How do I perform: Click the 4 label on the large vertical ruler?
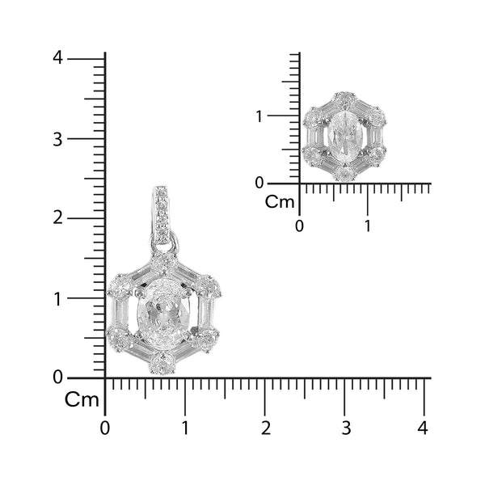pos(57,58)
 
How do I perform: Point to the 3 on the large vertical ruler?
pos(57,138)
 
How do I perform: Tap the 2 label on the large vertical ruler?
pos(57,217)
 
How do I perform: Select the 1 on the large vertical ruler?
pos(57,297)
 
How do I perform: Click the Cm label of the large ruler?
pos(82,399)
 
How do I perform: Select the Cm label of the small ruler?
pos(281,201)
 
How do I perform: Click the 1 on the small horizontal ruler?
pos(367,226)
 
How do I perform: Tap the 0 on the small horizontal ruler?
pos(300,226)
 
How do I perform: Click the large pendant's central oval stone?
pos(164,315)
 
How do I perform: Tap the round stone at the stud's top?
pos(344,100)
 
